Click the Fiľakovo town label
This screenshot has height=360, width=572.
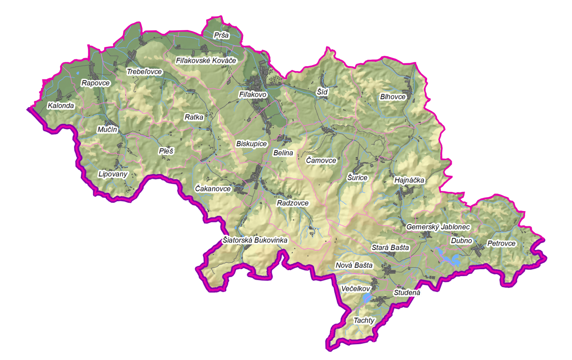[x=252, y=94]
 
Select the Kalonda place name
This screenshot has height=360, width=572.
[x=61, y=106]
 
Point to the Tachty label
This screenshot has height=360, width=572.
[x=364, y=321]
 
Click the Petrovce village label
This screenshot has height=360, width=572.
[x=501, y=244]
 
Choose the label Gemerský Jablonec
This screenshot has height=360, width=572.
[x=438, y=227]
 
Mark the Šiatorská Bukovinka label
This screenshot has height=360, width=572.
[x=254, y=240]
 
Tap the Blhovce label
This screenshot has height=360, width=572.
[x=393, y=97]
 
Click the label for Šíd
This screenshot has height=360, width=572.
[x=322, y=92]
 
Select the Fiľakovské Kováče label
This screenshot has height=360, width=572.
[x=207, y=61]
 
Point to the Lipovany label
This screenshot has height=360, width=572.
[x=113, y=174]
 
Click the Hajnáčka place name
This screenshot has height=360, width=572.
[x=409, y=180]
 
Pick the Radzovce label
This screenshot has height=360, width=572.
[x=292, y=203]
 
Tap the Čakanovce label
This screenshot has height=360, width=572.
[x=213, y=189]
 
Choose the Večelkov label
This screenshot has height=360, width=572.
[x=355, y=288]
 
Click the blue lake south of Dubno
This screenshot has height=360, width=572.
[x=449, y=258]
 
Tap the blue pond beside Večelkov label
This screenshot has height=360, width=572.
[x=367, y=298]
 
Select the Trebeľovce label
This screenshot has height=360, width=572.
[x=144, y=72]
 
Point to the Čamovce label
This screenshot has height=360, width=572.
[x=321, y=161]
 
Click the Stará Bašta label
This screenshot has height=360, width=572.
[x=390, y=248]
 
